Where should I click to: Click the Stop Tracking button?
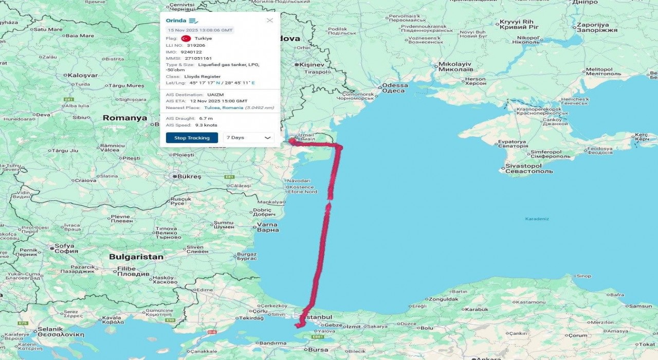pos(192,138)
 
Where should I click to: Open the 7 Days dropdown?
pos(249,138)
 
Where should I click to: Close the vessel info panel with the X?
pos(270,21)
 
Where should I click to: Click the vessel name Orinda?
pos(176,21)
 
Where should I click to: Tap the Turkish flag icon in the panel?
pos(186,39)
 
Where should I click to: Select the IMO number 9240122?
pos(191,52)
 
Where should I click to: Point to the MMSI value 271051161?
pos(198,58)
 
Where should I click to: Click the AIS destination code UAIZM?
pos(215,95)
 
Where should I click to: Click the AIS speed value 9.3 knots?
pos(206,125)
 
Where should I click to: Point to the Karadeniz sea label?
pos(537,219)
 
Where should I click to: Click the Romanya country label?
pos(124,118)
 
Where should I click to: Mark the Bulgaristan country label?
pos(136,257)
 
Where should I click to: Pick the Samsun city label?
pos(640,306)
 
